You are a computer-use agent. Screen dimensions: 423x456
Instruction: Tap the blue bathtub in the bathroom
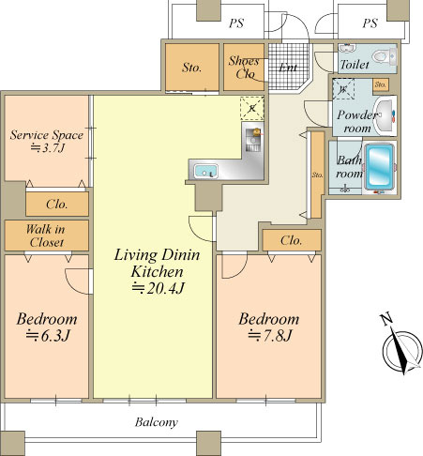point(379,167)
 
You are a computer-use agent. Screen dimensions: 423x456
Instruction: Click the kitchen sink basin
point(205,171)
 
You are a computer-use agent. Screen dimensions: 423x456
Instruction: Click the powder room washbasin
point(385,115)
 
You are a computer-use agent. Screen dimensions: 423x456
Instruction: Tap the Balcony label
point(157,422)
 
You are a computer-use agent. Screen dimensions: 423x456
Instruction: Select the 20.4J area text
point(158,288)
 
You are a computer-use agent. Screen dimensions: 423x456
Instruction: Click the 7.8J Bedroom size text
point(270,336)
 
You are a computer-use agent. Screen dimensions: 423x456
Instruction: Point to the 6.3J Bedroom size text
point(48,336)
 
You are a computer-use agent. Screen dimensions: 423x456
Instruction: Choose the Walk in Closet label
point(46,236)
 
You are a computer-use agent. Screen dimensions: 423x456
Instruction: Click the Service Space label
point(47,135)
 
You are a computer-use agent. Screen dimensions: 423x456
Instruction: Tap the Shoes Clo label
point(244,67)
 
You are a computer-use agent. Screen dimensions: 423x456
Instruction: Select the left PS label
point(236,23)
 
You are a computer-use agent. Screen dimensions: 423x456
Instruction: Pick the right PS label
point(370,23)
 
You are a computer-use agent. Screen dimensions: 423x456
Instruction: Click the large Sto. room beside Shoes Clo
point(192,67)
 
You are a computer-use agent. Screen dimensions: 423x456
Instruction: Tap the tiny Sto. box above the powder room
point(381,84)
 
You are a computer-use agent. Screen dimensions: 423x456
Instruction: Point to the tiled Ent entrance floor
point(288,67)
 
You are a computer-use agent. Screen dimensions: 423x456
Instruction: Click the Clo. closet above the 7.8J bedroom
point(292,240)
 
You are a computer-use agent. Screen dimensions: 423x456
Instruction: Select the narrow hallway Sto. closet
point(318,175)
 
